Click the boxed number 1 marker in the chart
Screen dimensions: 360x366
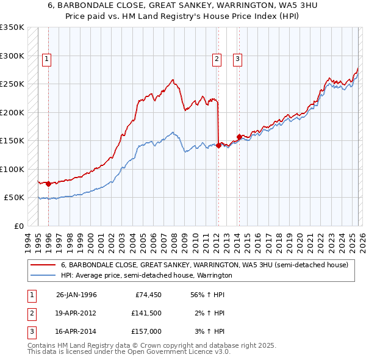click(x=47, y=59)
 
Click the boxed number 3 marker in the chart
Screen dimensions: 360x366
click(x=237, y=59)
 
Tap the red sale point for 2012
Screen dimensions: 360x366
click(x=218, y=145)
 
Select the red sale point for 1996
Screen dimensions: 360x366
click(x=48, y=184)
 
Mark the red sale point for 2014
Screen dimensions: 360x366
click(x=240, y=136)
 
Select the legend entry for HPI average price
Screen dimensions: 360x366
click(x=146, y=276)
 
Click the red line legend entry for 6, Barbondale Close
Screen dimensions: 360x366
click(x=204, y=265)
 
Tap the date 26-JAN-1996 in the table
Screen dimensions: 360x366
click(x=76, y=295)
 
